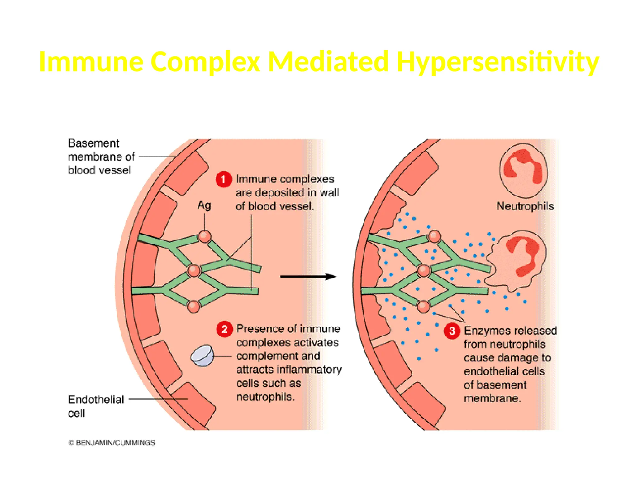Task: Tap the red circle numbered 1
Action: (223, 180)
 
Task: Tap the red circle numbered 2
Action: (224, 329)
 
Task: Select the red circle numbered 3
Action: (452, 331)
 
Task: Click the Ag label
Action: (204, 205)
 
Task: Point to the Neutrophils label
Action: (525, 206)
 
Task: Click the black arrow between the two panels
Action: (307, 276)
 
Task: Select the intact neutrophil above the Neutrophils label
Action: (523, 171)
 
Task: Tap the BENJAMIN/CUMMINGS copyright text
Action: (112, 443)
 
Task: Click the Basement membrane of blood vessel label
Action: (101, 157)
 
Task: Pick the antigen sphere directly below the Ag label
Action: (205, 236)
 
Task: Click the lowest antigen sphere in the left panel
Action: (193, 307)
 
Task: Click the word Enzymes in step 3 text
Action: (482, 331)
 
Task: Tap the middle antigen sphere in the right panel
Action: (423, 270)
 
